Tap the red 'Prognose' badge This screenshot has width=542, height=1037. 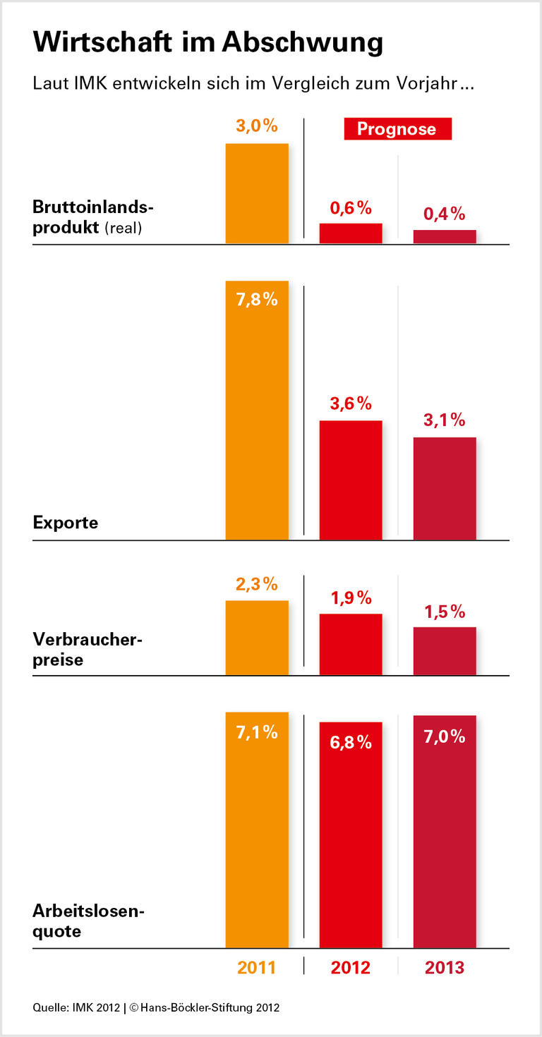397,129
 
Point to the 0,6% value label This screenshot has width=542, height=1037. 351,208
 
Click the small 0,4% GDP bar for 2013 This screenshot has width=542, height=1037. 445,236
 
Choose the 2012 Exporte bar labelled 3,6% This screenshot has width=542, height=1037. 351,480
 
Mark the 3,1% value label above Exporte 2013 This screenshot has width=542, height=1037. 445,420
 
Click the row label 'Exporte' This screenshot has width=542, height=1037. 66,523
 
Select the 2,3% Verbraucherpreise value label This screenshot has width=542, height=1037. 257,585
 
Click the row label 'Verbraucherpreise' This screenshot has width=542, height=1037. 88,650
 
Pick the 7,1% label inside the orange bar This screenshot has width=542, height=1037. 257,733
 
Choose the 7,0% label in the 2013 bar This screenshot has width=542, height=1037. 445,736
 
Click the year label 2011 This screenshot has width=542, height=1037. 257,967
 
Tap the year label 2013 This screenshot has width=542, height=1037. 445,967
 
